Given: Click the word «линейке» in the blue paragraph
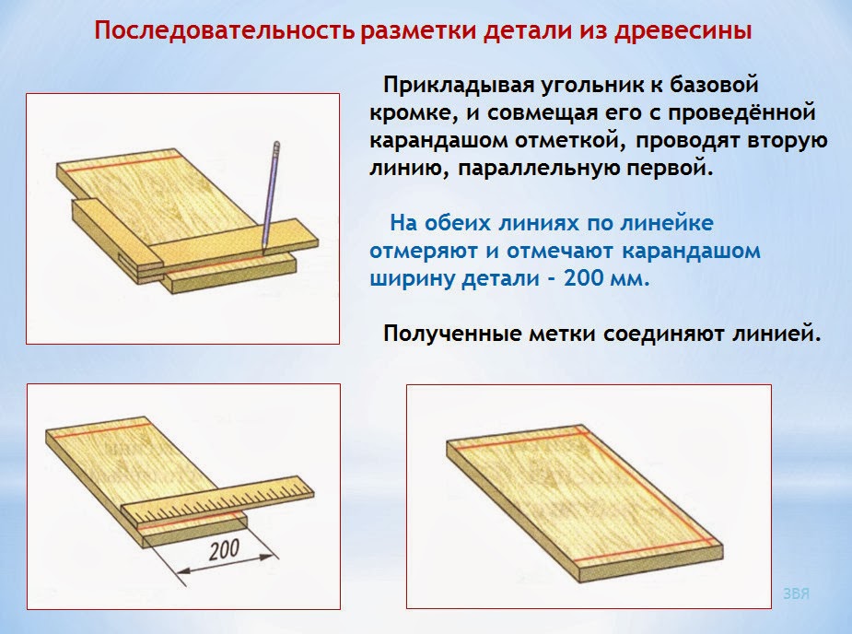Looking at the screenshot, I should [669, 224].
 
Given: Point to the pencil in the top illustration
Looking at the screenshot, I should [270, 194].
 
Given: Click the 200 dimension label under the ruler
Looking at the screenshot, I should [224, 550].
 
